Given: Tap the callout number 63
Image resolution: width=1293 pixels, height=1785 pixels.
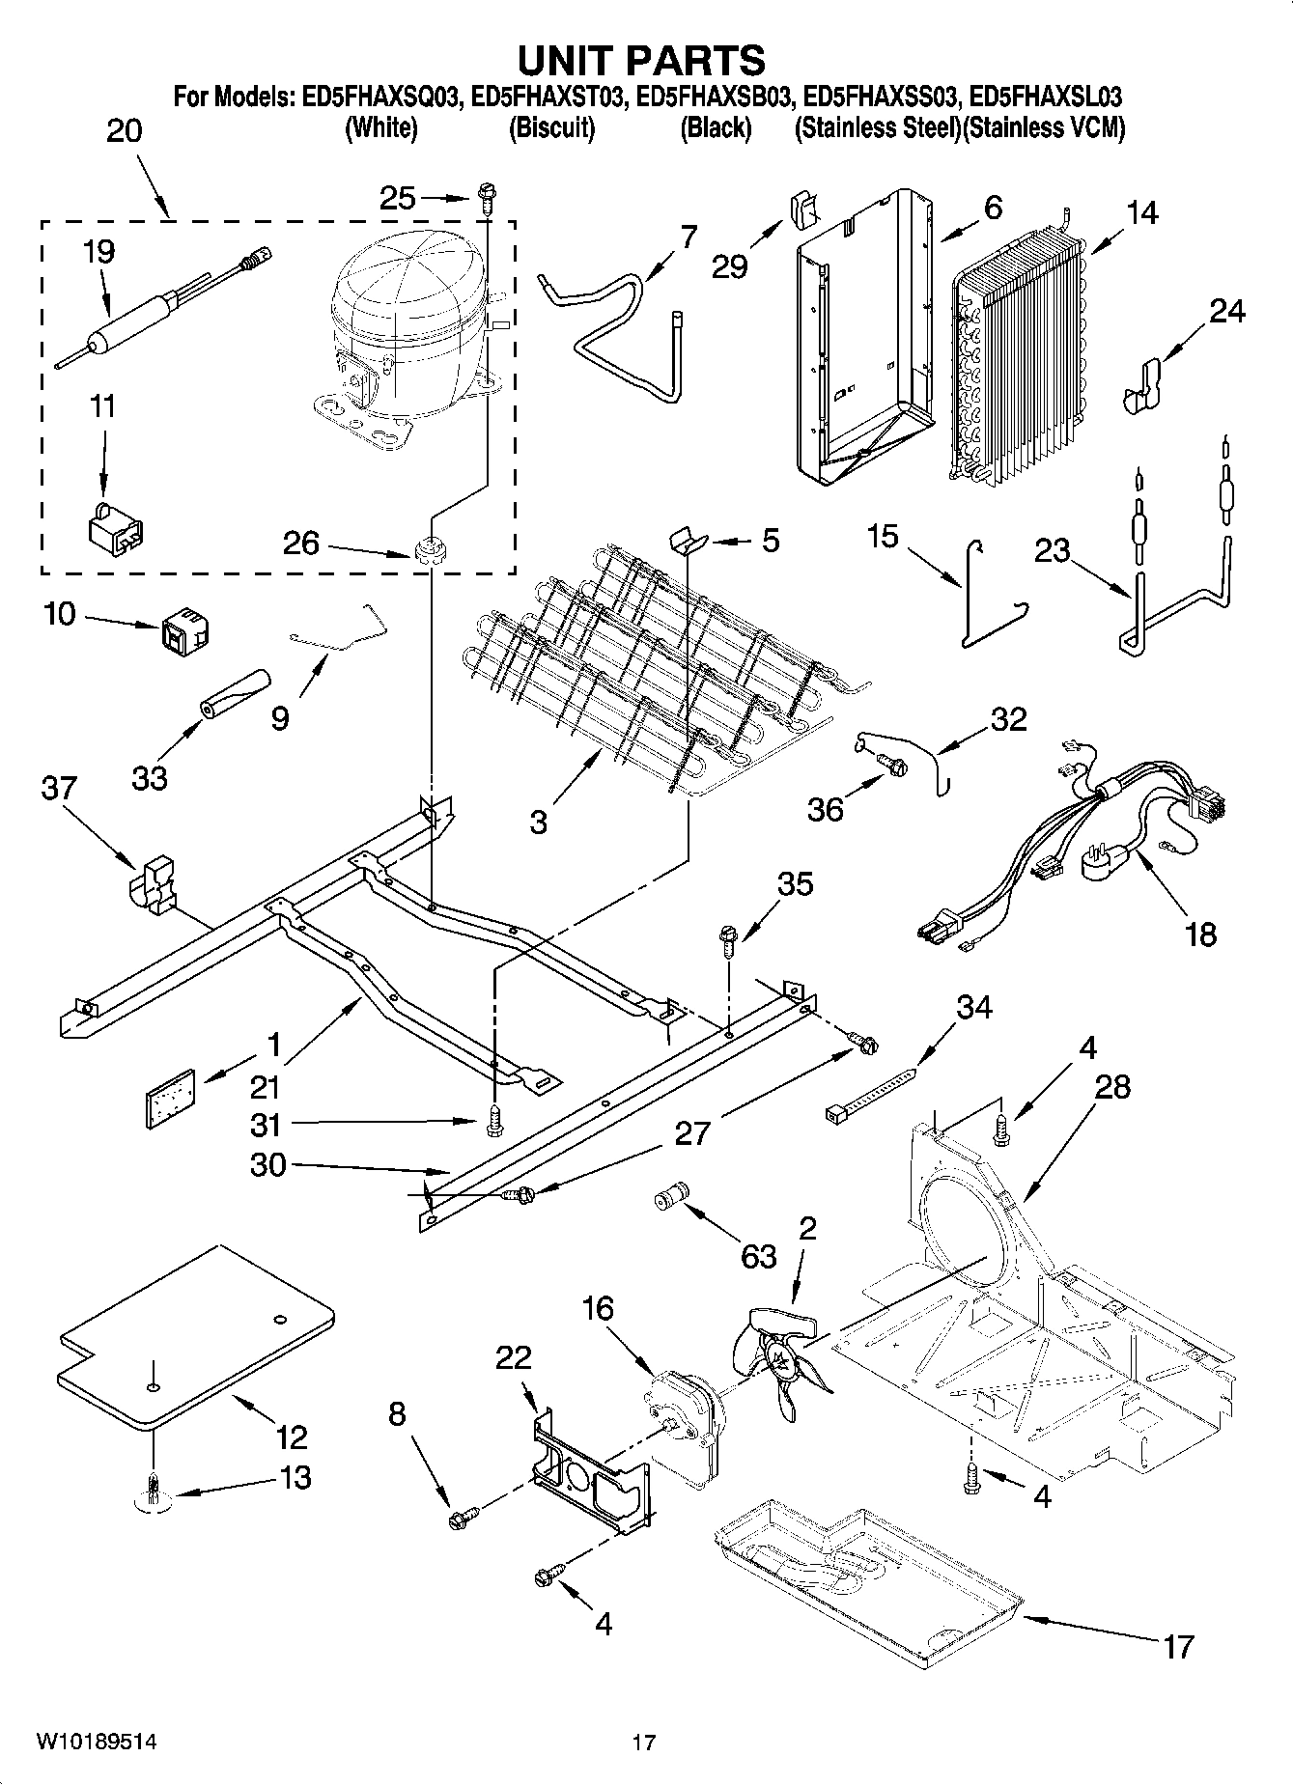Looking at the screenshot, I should point(759,1256).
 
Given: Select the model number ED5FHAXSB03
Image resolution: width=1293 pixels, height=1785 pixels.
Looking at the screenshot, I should point(716,98).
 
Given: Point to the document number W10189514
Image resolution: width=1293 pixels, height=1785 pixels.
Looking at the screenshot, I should point(96,1742).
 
